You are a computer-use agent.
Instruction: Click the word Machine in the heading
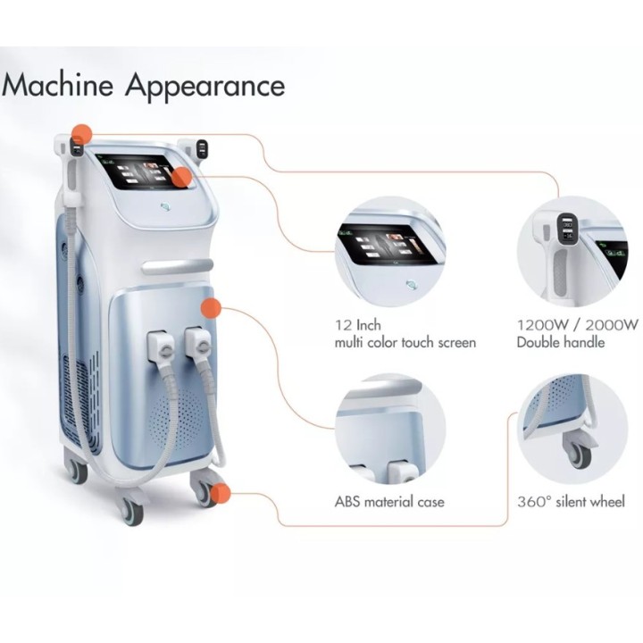[x=57, y=86]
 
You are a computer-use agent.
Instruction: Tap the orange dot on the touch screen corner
[x=181, y=178]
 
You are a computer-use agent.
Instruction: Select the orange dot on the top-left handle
[x=81, y=134]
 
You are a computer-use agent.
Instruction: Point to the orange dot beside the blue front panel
[x=211, y=308]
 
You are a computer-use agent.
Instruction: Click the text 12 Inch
[x=358, y=325]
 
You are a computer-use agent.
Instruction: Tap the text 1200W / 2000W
[x=578, y=325]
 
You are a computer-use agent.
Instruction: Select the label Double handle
[x=561, y=342]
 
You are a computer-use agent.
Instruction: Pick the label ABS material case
[x=389, y=502]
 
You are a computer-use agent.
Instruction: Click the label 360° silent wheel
[x=571, y=502]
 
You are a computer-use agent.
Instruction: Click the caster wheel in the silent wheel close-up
[x=578, y=452]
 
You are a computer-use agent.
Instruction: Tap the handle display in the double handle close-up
[x=568, y=230]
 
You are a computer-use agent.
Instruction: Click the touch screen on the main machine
[x=145, y=171]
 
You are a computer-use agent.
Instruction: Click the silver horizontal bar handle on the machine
[x=178, y=266]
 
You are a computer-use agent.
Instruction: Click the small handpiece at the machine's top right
[x=201, y=148]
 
